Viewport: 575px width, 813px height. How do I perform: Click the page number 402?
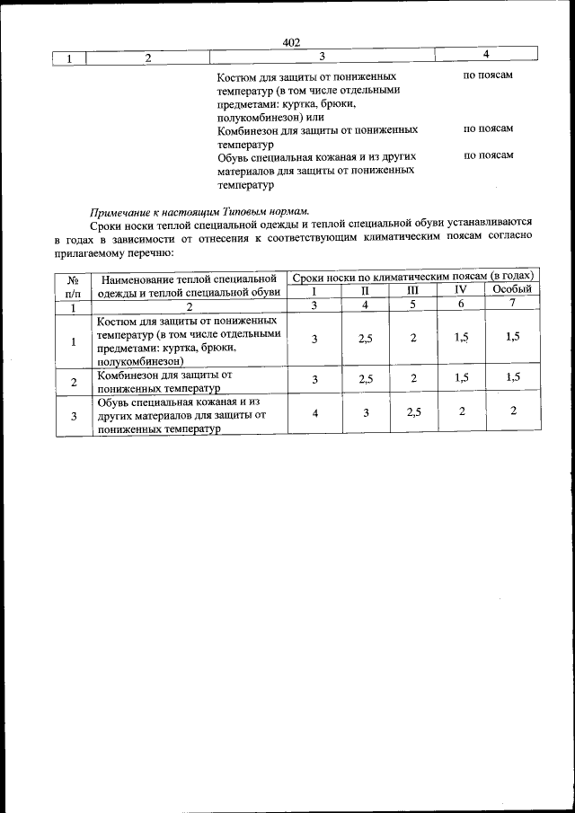coord(289,42)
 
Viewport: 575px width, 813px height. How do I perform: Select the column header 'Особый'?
coord(512,290)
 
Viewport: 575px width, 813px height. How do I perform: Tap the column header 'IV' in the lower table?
coord(460,290)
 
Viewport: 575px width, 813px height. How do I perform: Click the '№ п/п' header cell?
coord(73,283)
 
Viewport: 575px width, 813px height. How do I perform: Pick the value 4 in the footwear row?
coord(314,413)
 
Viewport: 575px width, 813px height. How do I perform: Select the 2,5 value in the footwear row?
coord(413,413)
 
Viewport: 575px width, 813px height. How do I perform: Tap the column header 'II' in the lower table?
coord(365,290)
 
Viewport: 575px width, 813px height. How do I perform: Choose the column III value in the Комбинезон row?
coord(413,379)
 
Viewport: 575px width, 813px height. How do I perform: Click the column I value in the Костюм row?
coord(314,339)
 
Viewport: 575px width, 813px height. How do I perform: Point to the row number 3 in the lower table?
coord(73,414)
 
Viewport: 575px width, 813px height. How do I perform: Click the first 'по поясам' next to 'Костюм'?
coord(488,75)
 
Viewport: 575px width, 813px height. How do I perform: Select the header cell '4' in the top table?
coord(485,57)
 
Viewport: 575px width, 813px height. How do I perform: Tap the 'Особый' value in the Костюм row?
coord(512,337)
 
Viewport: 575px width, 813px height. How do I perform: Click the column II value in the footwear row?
coord(365,413)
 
